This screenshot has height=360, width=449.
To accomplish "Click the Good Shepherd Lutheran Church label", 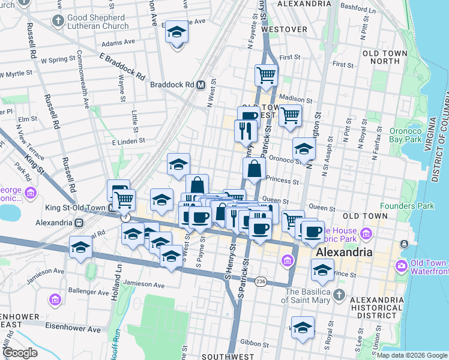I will click(97, 22).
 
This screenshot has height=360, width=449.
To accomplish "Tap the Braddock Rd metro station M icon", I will click(201, 85).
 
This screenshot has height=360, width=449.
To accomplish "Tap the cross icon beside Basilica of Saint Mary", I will click(339, 295).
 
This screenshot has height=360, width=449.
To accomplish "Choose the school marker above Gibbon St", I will click(303, 327).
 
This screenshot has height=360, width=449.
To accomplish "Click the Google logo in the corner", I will click(20, 353).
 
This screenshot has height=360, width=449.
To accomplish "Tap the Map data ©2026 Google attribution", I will click(412, 355).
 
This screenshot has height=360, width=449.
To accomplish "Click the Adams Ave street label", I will click(118, 43).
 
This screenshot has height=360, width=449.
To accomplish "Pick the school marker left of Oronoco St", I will click(304, 149).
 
